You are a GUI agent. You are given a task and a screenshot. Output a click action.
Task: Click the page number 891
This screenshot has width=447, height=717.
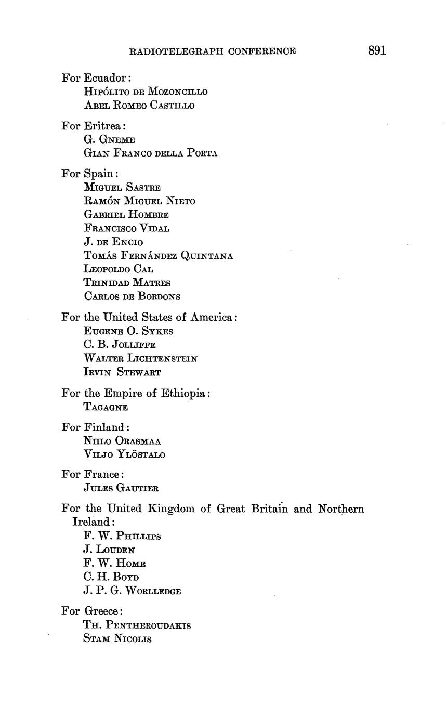pyautogui.click(x=377, y=50)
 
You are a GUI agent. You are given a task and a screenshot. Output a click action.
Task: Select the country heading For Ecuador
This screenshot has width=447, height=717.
pyautogui.click(x=96, y=78)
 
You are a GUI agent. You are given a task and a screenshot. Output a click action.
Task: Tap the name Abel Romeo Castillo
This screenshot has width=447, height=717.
pyautogui.click(x=139, y=106)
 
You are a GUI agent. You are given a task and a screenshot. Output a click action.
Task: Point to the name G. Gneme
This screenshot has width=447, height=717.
pyautogui.click(x=109, y=140)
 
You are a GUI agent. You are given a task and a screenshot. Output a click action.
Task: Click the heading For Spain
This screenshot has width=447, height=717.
pyautogui.click(x=90, y=173)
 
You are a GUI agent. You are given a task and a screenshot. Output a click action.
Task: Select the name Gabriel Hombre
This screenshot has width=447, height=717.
pyautogui.click(x=126, y=215)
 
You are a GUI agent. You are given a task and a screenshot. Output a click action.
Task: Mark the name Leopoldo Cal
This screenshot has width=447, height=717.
pyautogui.click(x=118, y=269)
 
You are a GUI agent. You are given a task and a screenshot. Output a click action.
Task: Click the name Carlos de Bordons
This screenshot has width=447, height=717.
pyautogui.click(x=132, y=297)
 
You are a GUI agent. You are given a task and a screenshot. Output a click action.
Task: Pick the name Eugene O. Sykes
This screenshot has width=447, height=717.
pyautogui.click(x=128, y=331)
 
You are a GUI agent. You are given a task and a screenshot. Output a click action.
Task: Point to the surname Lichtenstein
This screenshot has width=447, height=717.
pyautogui.click(x=161, y=359)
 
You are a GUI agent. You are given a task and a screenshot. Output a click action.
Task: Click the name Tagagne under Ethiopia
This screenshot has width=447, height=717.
pyautogui.click(x=106, y=407)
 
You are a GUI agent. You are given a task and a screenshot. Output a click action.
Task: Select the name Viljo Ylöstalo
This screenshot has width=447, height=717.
pyautogui.click(x=124, y=454)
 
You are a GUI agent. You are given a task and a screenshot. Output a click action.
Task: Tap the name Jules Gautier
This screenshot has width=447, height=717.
pyautogui.click(x=121, y=488)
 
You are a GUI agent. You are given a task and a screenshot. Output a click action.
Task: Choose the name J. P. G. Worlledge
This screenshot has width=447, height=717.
pyautogui.click(x=132, y=591)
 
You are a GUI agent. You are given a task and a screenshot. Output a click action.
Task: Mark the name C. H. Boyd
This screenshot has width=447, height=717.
pyautogui.click(x=111, y=577)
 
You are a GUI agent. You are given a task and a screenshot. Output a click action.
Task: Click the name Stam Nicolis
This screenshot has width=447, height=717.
pyautogui.click(x=117, y=639)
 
